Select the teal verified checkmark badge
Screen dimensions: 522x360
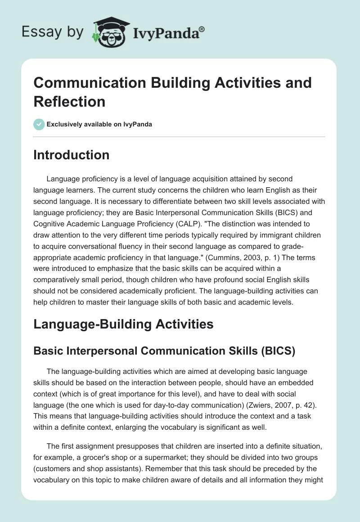click(39, 124)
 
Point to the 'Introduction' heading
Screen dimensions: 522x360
click(72, 155)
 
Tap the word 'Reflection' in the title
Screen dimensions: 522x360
click(69, 101)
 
